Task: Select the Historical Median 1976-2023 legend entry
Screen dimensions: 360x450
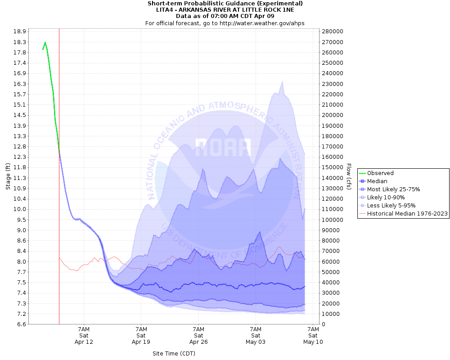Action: pyautogui.click(x=407, y=214)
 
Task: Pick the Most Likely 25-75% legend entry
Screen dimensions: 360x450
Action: pyautogui.click(x=393, y=189)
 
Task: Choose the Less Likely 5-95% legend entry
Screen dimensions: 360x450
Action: pyautogui.click(x=391, y=206)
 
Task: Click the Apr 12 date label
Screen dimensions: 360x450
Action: pyautogui.click(x=84, y=342)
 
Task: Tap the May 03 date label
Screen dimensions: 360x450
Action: pyautogui.click(x=256, y=342)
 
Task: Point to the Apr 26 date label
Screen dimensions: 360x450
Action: pyautogui.click(x=198, y=342)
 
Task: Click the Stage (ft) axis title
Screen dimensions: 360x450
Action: pyautogui.click(x=8, y=176)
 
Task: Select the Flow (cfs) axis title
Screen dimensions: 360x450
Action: pyautogui.click(x=349, y=176)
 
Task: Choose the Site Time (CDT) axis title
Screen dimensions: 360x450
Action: pyautogui.click(x=174, y=353)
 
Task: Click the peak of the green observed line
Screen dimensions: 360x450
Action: pyautogui.click(x=45, y=42)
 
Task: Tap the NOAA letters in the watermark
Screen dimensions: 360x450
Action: pyautogui.click(x=223, y=147)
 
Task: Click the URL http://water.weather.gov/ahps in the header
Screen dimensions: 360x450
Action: pyautogui.click(x=262, y=23)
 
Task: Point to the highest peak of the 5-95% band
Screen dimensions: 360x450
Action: pyautogui.click(x=282, y=81)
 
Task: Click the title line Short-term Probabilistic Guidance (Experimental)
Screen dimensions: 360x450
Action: pyautogui.click(x=225, y=4)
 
